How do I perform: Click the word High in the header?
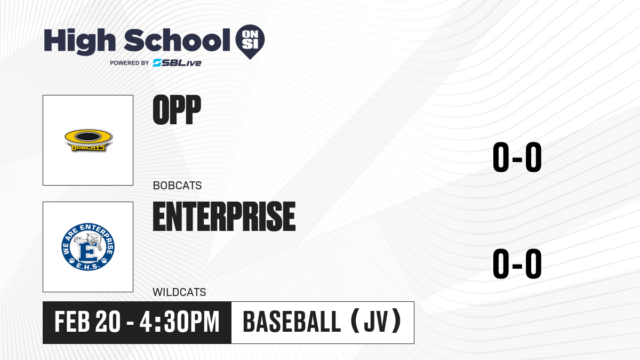click(80, 42)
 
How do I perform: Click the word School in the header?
click(177, 39)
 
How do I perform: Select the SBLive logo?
click(177, 63)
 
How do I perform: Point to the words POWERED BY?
click(130, 63)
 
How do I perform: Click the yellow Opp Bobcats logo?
click(89, 140)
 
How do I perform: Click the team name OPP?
click(177, 110)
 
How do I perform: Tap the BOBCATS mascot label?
click(178, 186)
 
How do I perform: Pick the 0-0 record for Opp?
click(517, 157)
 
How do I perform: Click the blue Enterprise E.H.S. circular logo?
click(88, 247)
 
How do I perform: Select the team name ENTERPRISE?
click(225, 217)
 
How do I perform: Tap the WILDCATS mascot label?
click(179, 292)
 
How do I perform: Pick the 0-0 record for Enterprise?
click(517, 263)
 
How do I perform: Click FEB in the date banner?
click(73, 322)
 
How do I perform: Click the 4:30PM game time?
click(179, 322)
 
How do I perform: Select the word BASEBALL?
click(292, 322)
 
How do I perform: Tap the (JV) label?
click(376, 322)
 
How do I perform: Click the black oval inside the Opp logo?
click(89, 137)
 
